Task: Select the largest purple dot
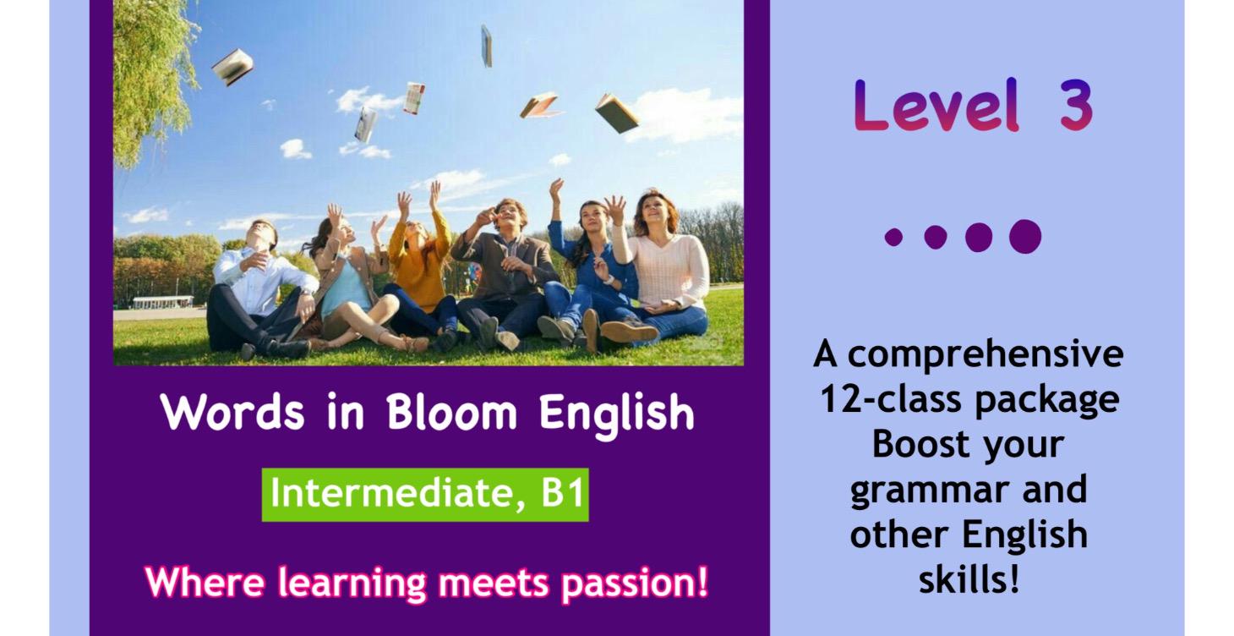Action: pyautogui.click(x=1024, y=237)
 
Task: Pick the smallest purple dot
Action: pyautogui.click(x=893, y=237)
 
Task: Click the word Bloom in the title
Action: pyautogui.click(x=451, y=413)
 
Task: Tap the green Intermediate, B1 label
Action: pyautogui.click(x=425, y=494)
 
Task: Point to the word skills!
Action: pyautogui.click(x=969, y=580)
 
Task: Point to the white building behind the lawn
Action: pyautogui.click(x=162, y=302)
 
